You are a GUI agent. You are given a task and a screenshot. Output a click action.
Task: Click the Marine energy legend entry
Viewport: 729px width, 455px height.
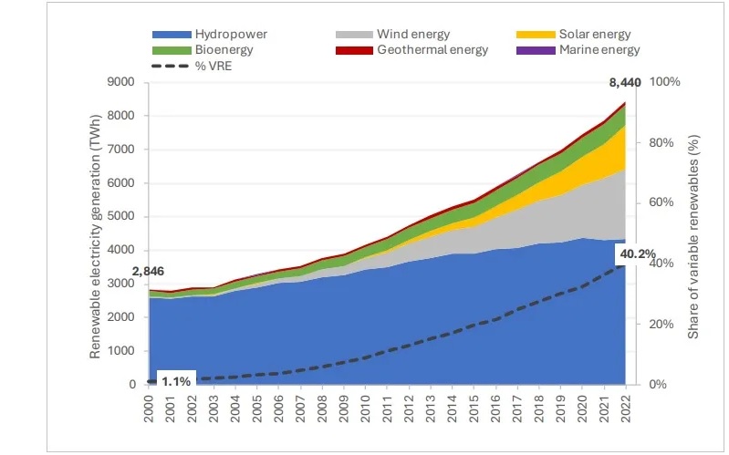(x=599, y=49)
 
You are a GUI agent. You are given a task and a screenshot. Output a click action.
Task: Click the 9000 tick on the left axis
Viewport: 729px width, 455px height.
(x=122, y=83)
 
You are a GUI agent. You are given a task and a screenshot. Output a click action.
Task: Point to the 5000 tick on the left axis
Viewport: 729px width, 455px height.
(x=122, y=217)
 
